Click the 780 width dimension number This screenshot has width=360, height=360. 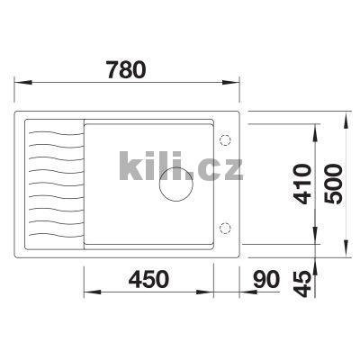126,69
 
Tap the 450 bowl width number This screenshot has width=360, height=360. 148,279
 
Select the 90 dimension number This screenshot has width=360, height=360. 266,279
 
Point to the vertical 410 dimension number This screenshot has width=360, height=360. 301,184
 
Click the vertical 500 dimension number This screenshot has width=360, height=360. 333,184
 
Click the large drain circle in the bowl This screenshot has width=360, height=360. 176,184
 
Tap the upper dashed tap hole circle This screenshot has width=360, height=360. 225,139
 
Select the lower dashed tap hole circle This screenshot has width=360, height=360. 225,229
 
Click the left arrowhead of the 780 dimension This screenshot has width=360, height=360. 23,82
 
